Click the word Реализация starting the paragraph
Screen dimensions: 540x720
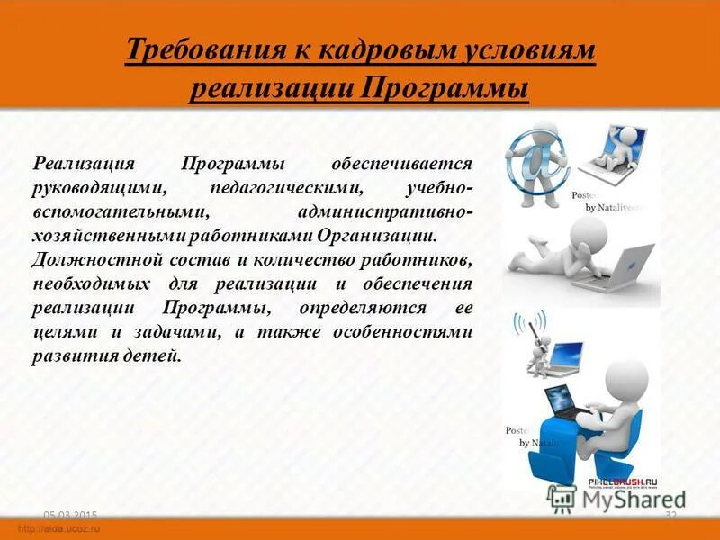click(84, 166)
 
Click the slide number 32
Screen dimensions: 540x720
click(670, 514)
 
